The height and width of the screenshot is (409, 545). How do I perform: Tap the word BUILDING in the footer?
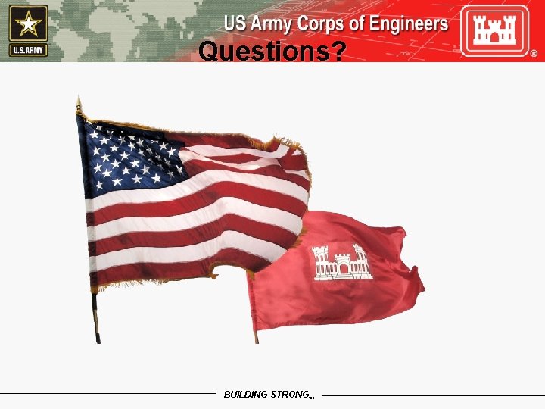(246, 395)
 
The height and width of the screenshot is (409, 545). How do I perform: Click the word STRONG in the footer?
(289, 395)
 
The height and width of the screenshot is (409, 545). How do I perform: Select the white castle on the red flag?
(341, 262)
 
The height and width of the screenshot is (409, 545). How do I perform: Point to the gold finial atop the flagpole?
(79, 105)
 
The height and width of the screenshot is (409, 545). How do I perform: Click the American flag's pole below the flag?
(96, 318)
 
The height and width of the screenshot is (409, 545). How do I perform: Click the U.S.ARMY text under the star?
(29, 50)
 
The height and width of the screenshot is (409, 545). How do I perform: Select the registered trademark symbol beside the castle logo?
(534, 55)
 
